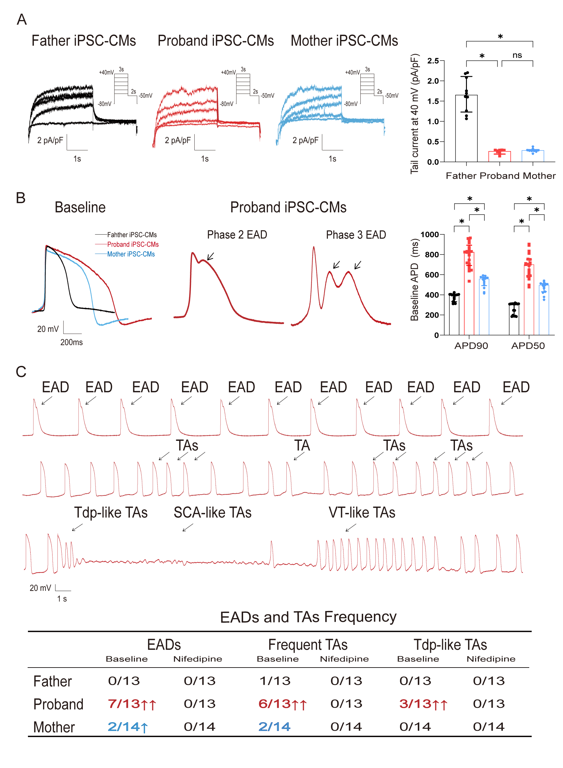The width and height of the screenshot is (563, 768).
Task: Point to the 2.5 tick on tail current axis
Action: (433, 61)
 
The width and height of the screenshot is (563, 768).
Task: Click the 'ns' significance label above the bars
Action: (517, 55)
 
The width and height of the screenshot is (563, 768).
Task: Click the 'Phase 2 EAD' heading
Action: (237, 235)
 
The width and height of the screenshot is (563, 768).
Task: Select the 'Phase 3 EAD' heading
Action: (356, 235)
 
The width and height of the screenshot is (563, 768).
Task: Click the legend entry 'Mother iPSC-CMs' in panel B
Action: (131, 254)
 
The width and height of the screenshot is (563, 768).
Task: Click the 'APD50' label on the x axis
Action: (528, 346)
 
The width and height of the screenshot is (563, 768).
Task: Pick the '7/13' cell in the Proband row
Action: (124, 703)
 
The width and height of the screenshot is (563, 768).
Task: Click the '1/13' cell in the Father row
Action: (275, 681)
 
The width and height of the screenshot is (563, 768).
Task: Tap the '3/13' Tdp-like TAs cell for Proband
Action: (415, 703)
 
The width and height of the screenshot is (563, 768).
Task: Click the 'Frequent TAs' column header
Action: (308, 645)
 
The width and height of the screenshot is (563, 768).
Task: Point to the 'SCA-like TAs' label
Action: (212, 513)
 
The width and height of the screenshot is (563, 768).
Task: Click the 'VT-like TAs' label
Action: (362, 513)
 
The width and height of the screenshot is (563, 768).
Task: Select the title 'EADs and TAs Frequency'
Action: (308, 617)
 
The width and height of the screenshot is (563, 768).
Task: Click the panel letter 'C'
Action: (21, 372)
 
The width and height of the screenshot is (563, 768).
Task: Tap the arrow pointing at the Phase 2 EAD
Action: (211, 257)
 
